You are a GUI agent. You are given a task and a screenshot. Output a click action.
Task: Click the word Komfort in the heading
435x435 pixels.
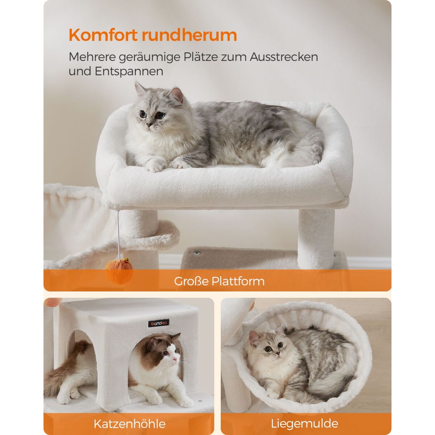103,35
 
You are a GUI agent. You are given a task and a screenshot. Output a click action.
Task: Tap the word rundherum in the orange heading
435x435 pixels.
189,35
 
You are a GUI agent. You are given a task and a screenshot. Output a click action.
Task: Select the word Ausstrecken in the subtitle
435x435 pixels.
284,57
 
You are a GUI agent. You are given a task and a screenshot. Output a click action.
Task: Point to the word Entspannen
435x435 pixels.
129,71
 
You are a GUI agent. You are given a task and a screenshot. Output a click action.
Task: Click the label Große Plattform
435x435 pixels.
219,281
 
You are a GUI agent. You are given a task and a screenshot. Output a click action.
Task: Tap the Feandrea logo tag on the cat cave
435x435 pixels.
158,323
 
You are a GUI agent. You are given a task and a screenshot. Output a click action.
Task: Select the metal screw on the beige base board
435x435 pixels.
198,253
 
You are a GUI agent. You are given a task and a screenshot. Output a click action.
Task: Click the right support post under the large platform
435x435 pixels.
316,239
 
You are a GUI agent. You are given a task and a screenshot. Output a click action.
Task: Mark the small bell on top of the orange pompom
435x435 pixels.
126,261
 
